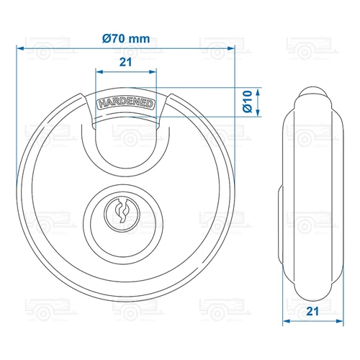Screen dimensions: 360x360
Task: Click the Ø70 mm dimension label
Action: coord(126,38)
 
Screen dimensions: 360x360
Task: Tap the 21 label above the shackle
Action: coord(125,63)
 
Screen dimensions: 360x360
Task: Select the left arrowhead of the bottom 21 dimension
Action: coord(284,322)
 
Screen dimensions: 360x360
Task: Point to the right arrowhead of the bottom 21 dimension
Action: coord(339,322)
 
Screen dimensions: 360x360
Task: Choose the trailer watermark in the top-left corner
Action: coord(40,51)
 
